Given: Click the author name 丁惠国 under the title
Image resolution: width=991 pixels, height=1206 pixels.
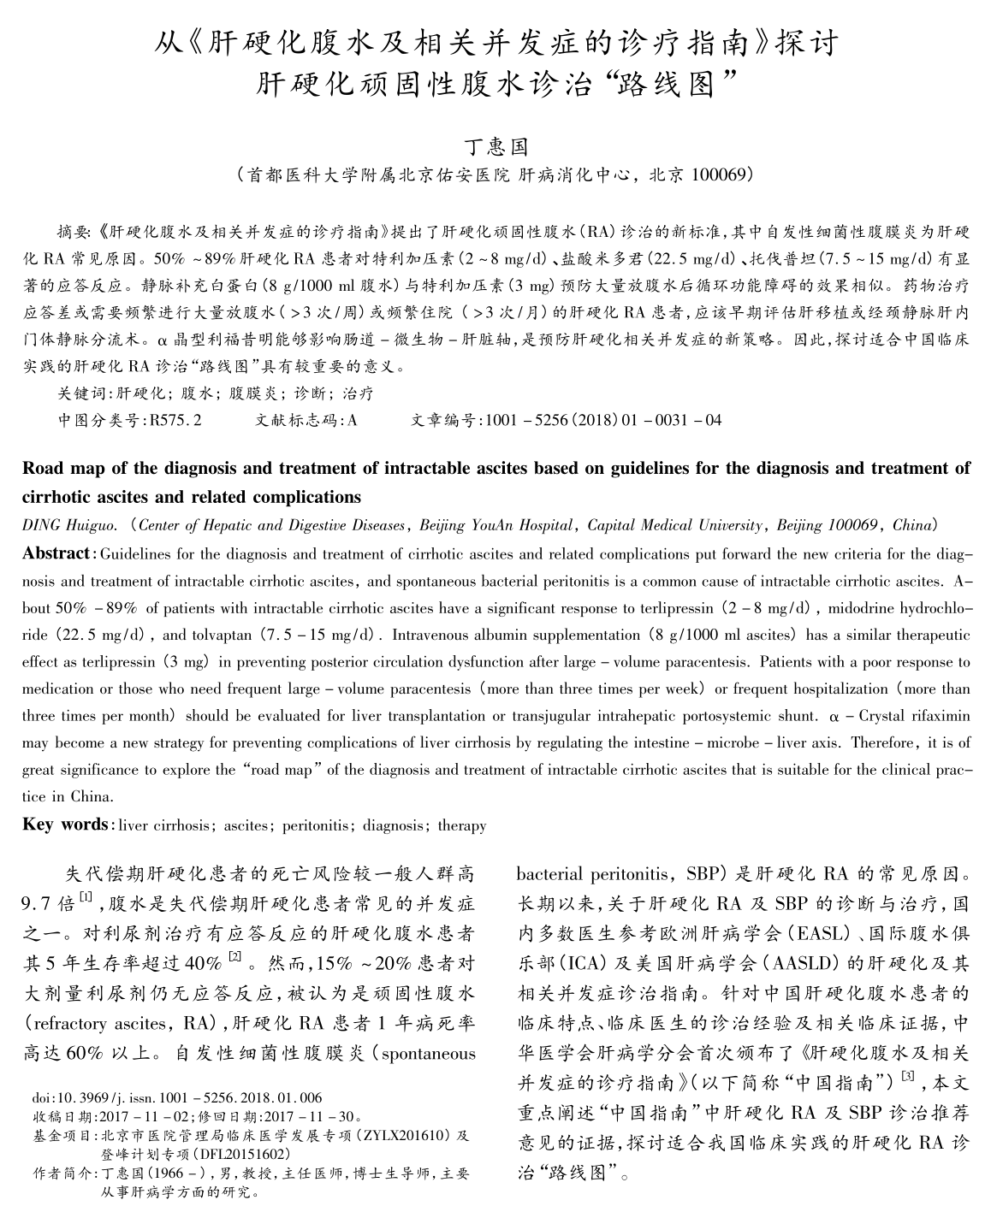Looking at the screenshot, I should coord(495,145).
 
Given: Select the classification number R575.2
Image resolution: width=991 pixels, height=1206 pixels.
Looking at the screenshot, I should coord(175,420).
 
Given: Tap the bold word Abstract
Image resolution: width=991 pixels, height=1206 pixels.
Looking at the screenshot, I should coord(56,553).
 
